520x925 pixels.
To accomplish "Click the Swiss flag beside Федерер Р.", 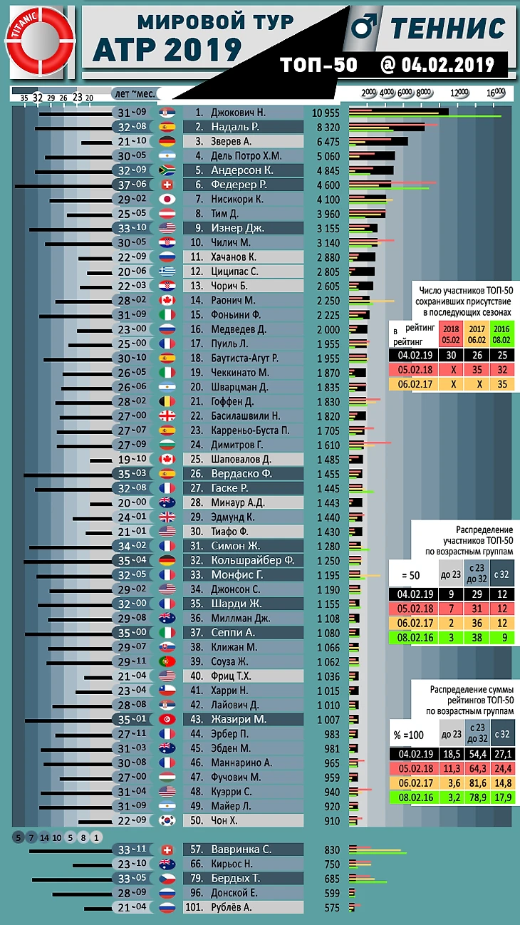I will click(167, 185).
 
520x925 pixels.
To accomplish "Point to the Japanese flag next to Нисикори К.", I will click(167, 200).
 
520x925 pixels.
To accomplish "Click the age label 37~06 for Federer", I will click(132, 185).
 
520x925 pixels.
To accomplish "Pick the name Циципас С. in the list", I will click(234, 272).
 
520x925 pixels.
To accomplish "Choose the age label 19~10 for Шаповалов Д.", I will click(132, 459).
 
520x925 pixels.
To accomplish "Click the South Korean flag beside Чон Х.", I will click(167, 820).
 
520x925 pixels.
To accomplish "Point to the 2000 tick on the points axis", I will click(369, 93).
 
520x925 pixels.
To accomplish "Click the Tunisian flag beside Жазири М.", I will click(167, 719).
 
